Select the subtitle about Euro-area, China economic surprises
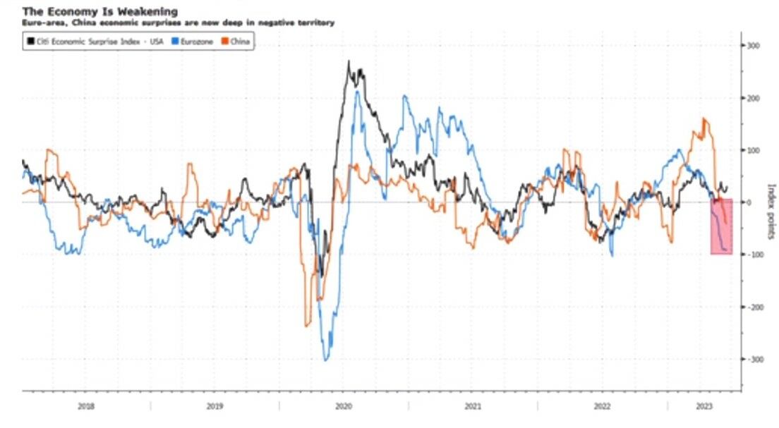click(x=179, y=23)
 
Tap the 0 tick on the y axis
click(x=749, y=202)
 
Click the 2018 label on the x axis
click(x=85, y=406)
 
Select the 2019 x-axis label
click(x=215, y=406)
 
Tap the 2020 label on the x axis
click(x=344, y=406)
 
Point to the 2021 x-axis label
click(x=473, y=406)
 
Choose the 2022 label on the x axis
click(x=602, y=406)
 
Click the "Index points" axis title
click(x=771, y=212)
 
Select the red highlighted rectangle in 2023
click(x=721, y=226)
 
